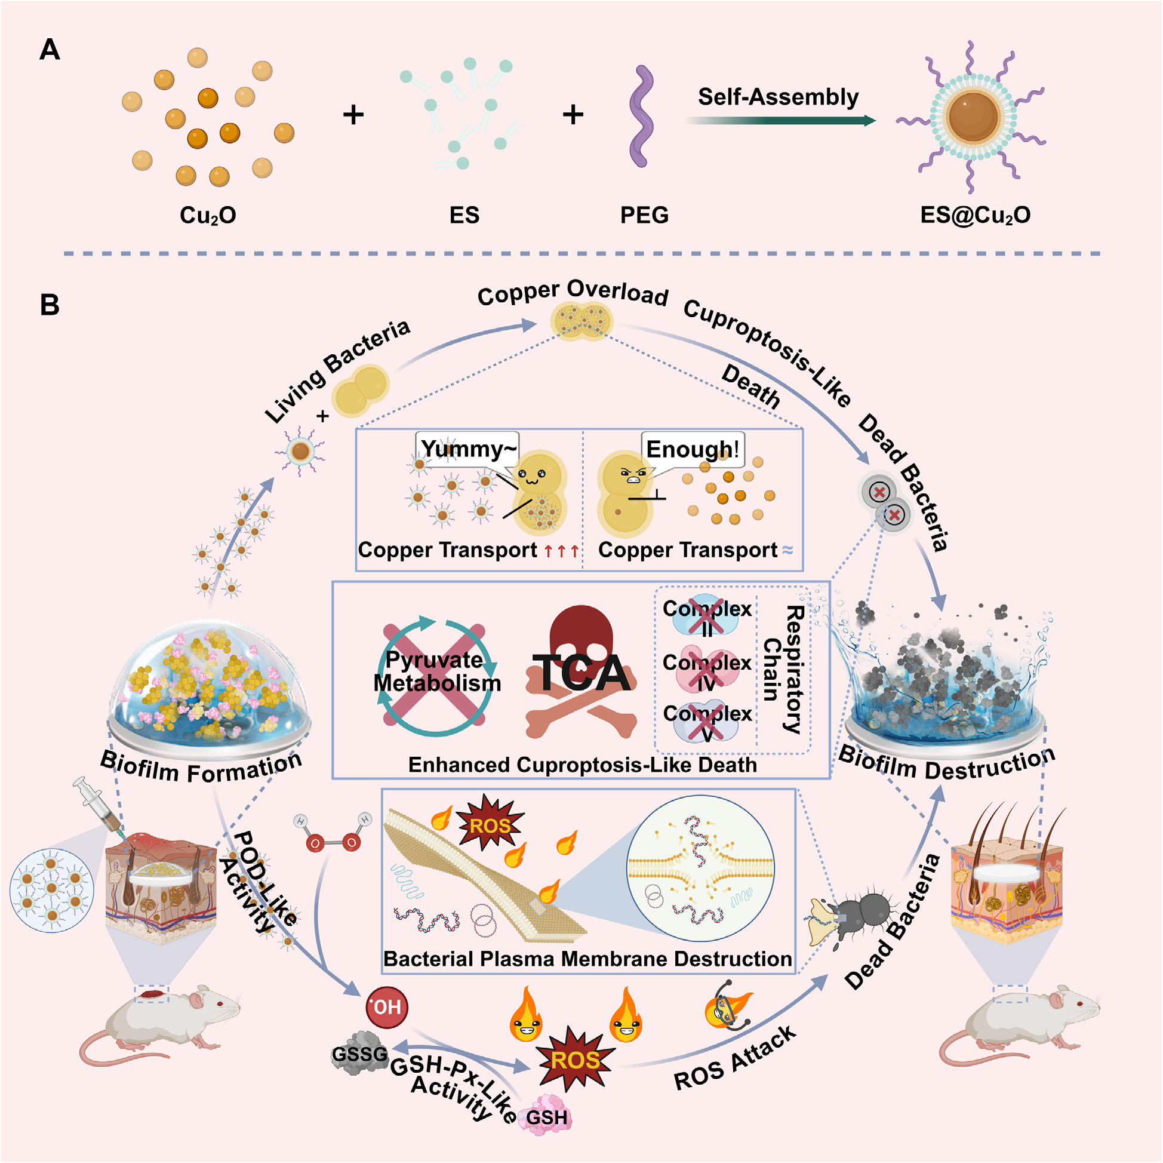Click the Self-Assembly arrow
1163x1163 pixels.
[x=780, y=121]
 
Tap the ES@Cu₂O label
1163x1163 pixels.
[x=975, y=215]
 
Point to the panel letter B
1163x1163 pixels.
[x=50, y=305]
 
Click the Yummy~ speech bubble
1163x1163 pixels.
[x=467, y=449]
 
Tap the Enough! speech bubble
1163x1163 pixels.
[x=693, y=449]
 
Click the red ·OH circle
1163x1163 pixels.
[x=387, y=1007]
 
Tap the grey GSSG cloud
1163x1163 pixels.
[x=360, y=1053]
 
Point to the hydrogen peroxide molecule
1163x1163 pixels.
[x=333, y=833]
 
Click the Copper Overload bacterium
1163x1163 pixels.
[x=581, y=321]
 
